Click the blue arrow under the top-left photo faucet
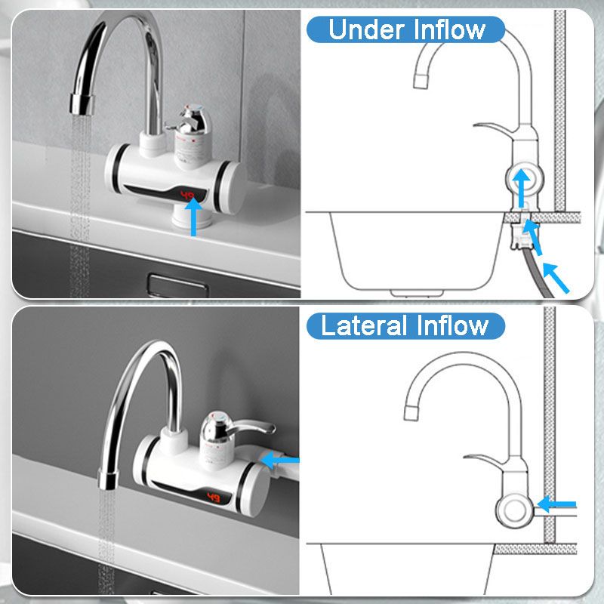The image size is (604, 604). tap(194, 216)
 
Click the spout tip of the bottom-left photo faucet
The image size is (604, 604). tap(106, 475)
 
